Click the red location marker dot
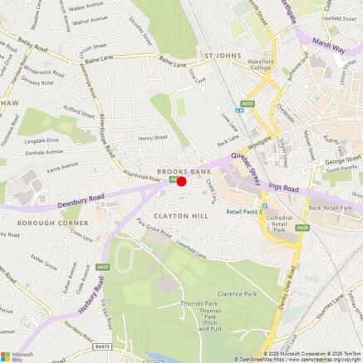(x=182, y=181)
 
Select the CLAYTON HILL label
(x=176, y=217)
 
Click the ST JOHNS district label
(x=222, y=56)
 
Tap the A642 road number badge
(x=102, y=267)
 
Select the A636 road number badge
(x=302, y=226)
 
